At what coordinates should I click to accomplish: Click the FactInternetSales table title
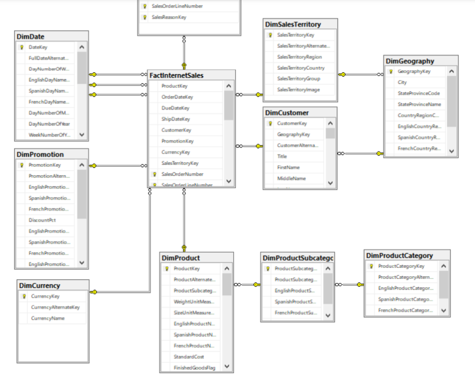click(176, 76)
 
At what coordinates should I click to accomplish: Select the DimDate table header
click(30, 37)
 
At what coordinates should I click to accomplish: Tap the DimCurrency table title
click(40, 285)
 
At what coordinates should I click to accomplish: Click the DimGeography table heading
click(410, 61)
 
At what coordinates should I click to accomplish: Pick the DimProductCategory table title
click(399, 256)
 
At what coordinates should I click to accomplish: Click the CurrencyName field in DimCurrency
click(48, 318)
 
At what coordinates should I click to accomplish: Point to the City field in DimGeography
click(402, 82)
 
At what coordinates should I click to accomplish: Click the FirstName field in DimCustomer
click(288, 167)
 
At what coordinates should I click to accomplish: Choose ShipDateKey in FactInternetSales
click(176, 119)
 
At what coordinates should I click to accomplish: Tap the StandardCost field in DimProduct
click(189, 357)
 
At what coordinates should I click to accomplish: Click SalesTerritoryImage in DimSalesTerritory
click(299, 90)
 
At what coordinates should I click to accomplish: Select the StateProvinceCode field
click(418, 93)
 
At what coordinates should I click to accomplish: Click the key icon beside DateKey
click(21, 47)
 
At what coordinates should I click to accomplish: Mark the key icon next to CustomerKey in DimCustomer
click(269, 123)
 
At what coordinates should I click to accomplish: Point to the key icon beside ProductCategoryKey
click(371, 266)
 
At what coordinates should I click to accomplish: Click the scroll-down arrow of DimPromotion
click(82, 262)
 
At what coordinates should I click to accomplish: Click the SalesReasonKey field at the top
click(169, 17)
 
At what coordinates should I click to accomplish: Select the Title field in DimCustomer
click(282, 157)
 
